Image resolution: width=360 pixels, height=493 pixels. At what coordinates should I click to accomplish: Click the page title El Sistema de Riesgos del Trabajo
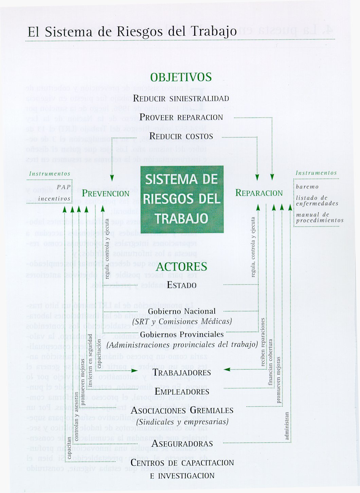coord(132,32)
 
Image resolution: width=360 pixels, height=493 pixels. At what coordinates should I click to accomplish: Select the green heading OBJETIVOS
coord(181,77)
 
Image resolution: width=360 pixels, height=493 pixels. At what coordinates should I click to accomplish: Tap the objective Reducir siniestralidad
coord(181,99)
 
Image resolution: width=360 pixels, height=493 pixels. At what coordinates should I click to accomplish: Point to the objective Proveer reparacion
coord(181,118)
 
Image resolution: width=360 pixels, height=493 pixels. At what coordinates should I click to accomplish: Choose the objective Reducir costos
coord(181,137)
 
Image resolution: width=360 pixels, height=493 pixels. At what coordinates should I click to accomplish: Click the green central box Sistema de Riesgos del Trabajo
coord(182,199)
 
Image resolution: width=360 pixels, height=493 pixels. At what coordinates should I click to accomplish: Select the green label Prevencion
coord(106,193)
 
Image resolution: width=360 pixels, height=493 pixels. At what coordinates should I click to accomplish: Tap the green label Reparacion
coord(259,193)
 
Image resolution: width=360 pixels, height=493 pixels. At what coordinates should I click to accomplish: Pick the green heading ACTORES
coord(181,267)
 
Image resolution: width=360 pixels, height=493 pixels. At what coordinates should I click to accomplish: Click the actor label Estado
coord(182,285)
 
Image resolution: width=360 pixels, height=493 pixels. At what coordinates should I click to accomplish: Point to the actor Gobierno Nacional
coord(182,311)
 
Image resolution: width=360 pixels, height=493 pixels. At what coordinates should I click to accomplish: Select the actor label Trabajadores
coord(182,372)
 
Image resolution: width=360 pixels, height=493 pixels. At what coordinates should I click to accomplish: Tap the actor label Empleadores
coord(182,392)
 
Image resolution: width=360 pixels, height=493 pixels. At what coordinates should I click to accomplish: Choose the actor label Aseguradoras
coord(182,443)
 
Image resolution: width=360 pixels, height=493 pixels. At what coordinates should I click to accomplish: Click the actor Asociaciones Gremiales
coord(182,410)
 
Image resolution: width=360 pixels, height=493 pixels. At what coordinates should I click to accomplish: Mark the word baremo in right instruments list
coord(307,187)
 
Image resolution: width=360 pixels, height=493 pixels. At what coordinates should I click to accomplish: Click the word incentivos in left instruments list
coord(54,199)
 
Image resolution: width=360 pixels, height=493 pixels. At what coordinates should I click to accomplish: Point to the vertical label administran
coord(287,426)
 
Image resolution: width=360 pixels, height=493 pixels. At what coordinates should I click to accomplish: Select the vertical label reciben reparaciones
coord(263,342)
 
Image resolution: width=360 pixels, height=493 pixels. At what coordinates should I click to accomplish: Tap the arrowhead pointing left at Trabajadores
coord(227,369)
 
